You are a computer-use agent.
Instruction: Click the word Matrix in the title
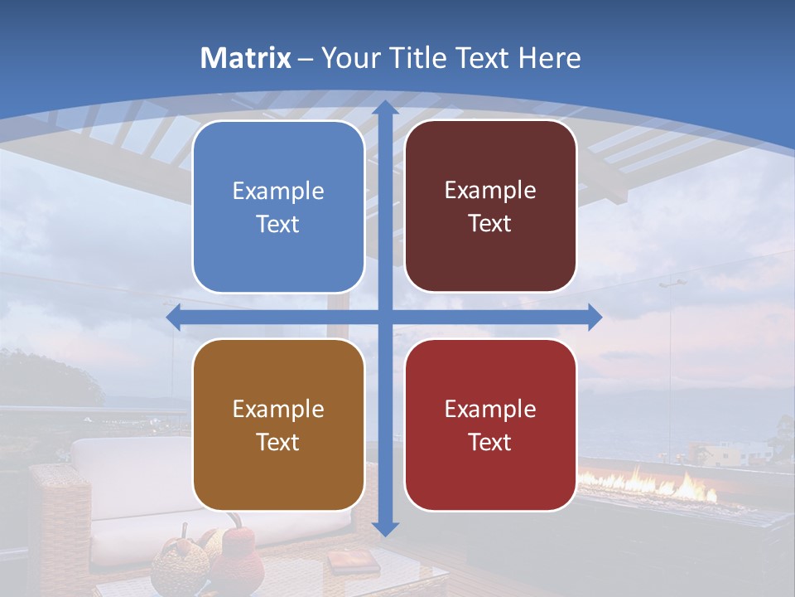(x=246, y=58)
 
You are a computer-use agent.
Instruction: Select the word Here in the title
(x=550, y=58)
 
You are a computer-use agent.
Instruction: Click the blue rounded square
(x=278, y=206)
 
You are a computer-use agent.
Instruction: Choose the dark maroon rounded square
(x=490, y=206)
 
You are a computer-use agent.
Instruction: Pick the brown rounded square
(x=278, y=425)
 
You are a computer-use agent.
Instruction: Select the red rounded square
(x=490, y=425)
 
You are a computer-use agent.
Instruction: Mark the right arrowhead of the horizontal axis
(x=594, y=317)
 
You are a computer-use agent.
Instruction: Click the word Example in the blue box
(x=278, y=192)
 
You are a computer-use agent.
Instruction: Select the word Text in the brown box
(x=278, y=442)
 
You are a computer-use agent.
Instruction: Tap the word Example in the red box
(x=490, y=409)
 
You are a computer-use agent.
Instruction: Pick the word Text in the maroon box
(x=490, y=223)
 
